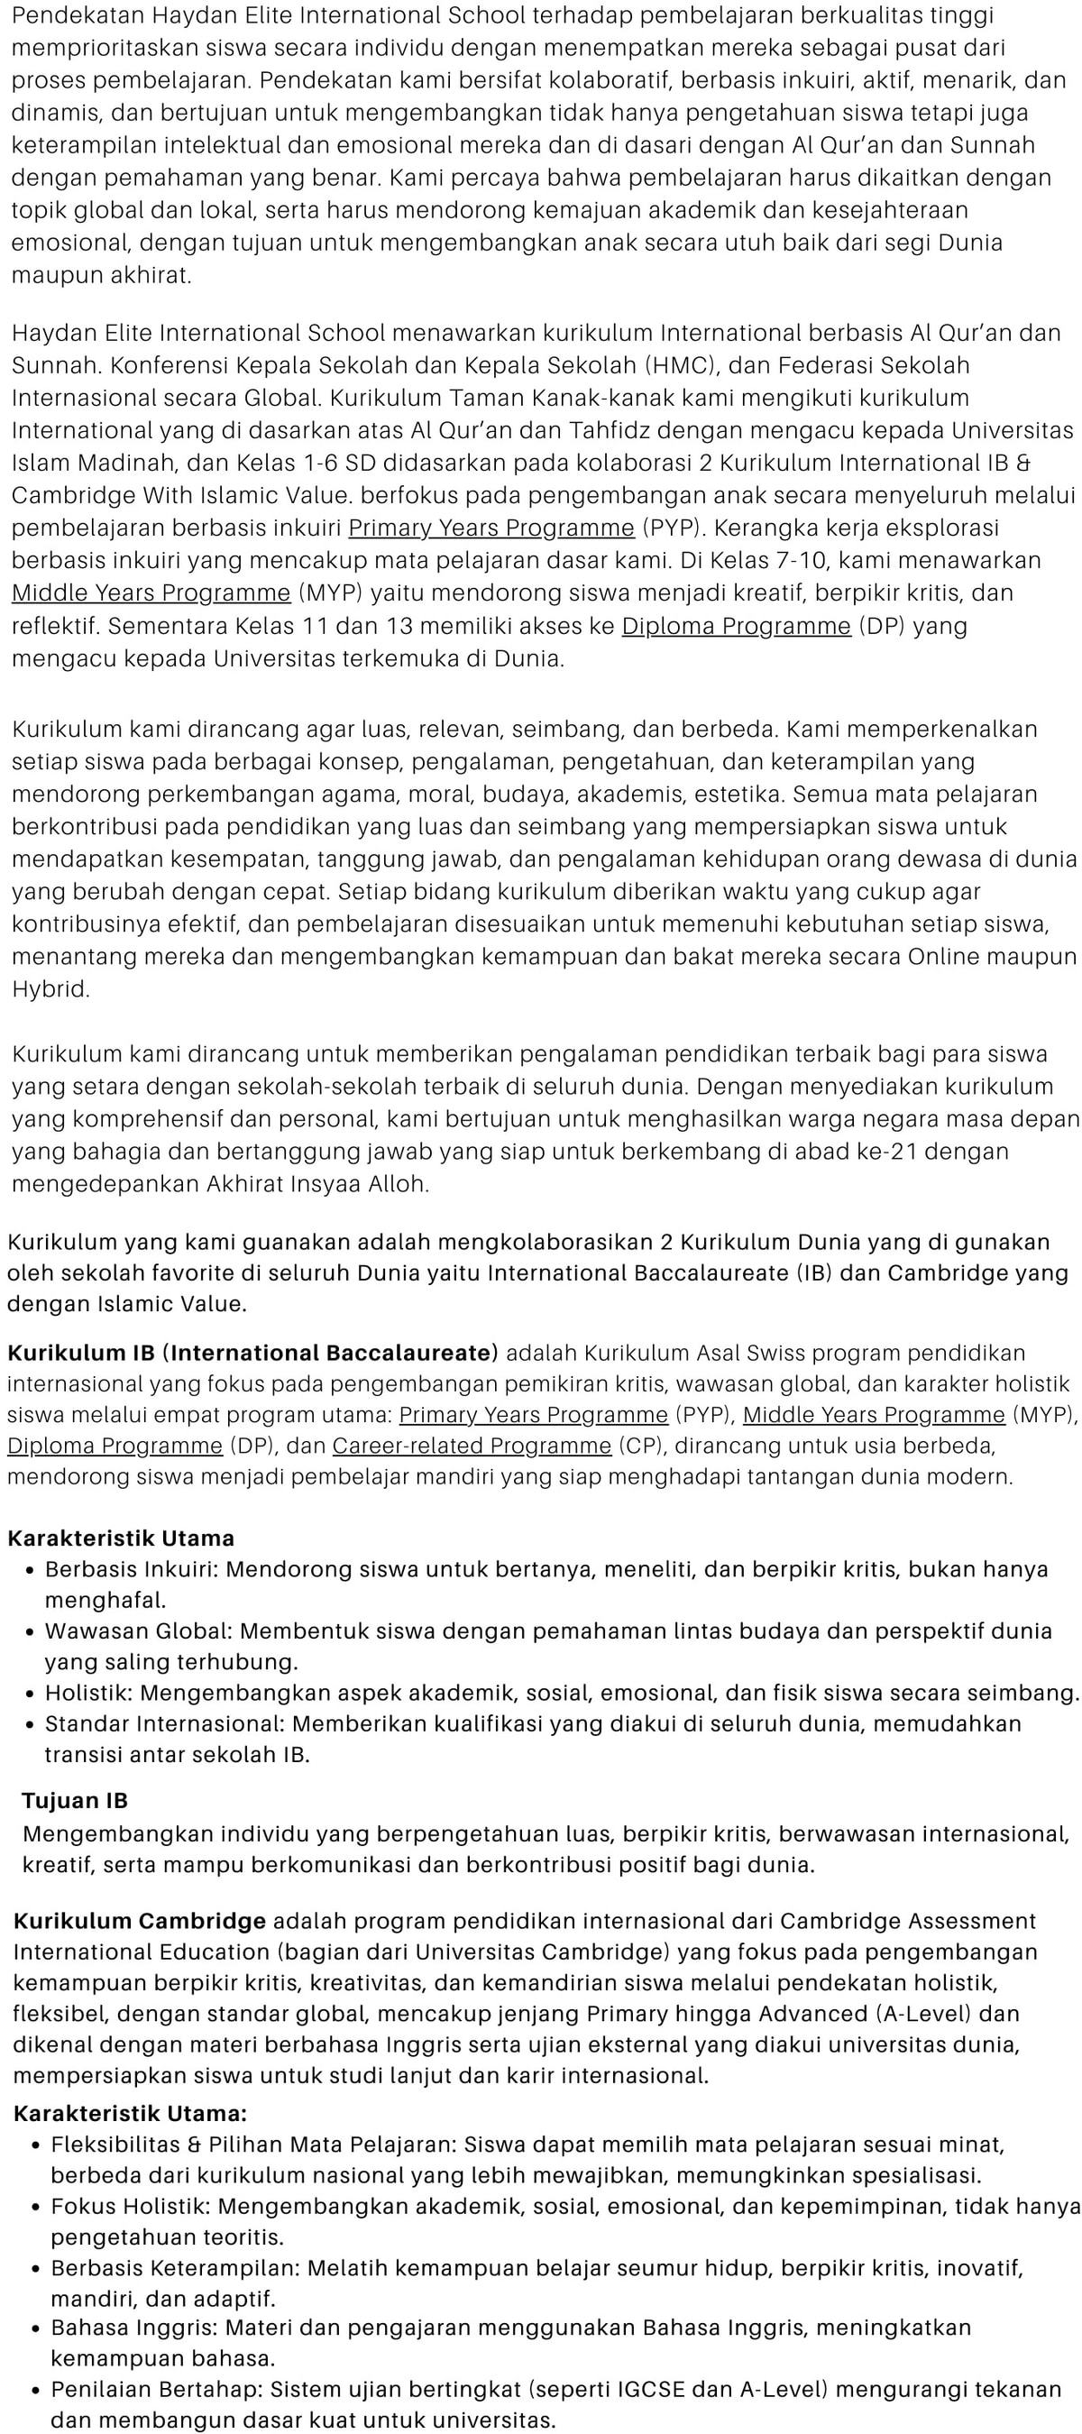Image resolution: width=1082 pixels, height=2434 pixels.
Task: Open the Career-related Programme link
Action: pos(472,1446)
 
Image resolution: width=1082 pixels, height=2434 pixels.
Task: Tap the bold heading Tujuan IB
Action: pos(75,1800)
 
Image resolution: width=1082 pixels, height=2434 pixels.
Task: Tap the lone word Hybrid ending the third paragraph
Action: pos(50,989)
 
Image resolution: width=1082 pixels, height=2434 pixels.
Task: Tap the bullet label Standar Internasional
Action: pos(163,1723)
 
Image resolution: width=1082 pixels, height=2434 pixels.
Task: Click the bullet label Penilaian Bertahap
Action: pos(156,2390)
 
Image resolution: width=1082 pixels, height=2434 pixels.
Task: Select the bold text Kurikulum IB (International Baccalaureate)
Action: pos(252,1353)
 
